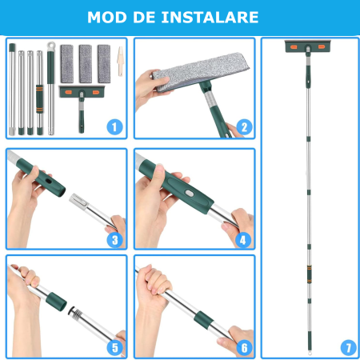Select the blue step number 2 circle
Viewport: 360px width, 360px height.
click(x=245, y=126)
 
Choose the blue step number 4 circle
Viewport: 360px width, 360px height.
click(x=245, y=238)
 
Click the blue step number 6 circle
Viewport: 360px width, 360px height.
click(x=245, y=348)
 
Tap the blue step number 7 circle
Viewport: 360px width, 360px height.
click(x=347, y=347)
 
